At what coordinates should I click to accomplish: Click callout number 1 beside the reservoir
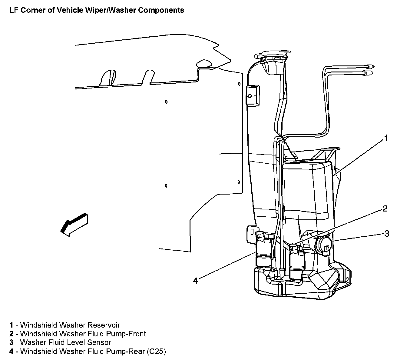(385, 138)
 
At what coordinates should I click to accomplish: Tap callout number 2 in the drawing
(385, 208)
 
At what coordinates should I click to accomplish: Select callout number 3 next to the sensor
(387, 233)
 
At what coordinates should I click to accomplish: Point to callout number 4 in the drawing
(195, 281)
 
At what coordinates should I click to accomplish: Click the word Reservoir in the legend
(104, 325)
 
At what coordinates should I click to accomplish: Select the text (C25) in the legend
(156, 352)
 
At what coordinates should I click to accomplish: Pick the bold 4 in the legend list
(11, 352)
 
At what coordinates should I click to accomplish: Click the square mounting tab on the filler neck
(252, 96)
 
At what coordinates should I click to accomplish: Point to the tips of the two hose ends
(370, 69)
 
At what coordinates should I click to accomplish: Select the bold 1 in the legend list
(11, 325)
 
